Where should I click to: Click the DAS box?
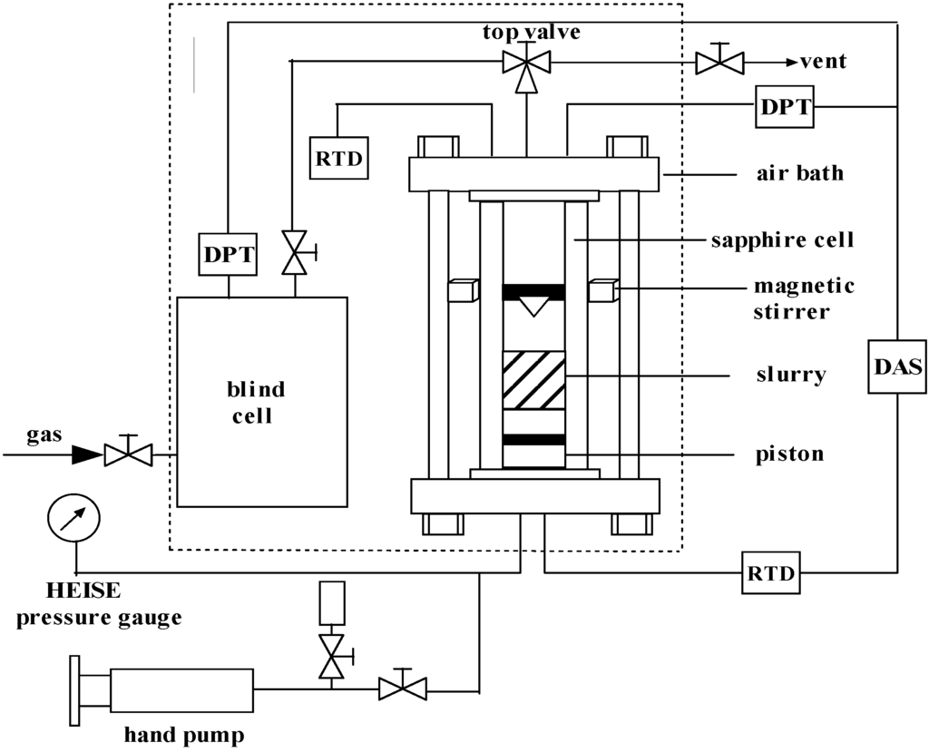pos(897,367)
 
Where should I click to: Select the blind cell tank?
pos(261,401)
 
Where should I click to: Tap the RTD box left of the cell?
pos(337,158)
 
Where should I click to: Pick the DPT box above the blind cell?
pos(228,255)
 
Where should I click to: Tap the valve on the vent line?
pos(719,62)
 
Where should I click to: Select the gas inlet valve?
pos(127,452)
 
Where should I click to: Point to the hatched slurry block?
pos(533,379)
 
